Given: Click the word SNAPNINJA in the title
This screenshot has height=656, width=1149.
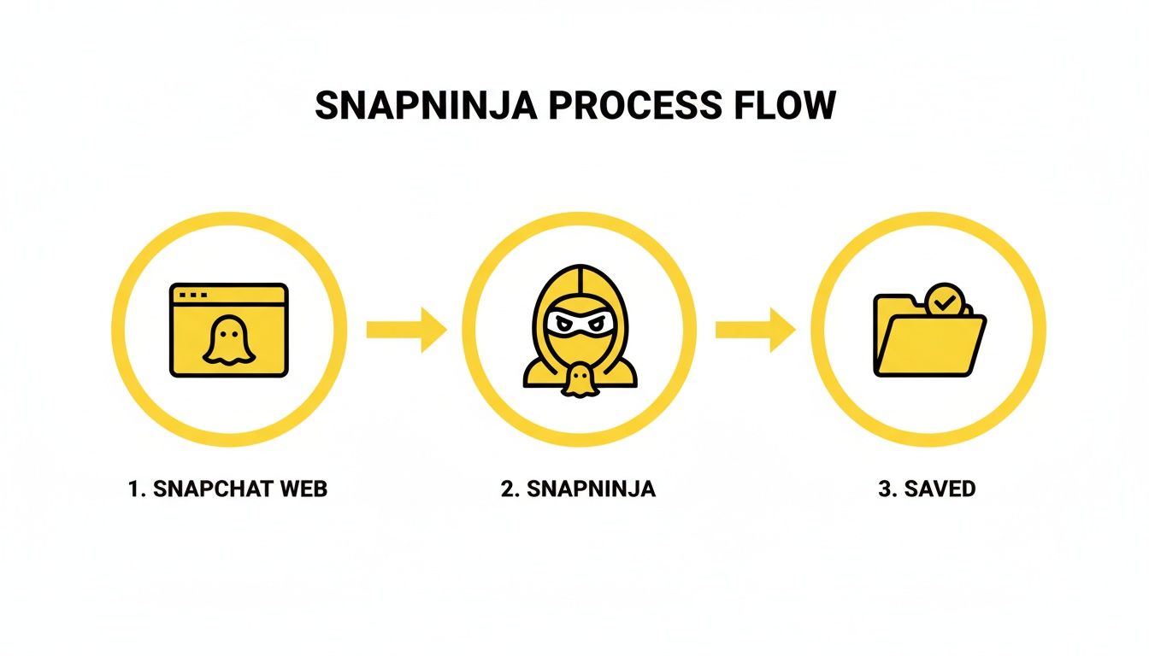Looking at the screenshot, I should [424, 105].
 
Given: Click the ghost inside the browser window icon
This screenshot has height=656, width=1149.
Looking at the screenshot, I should [228, 341].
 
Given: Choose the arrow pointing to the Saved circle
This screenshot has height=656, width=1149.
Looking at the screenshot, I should [755, 330].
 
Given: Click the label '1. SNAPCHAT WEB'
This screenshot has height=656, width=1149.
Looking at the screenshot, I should [227, 489].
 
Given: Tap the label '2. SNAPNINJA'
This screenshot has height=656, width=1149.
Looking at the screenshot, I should [578, 489].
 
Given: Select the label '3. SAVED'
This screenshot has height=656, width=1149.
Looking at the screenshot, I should [926, 489].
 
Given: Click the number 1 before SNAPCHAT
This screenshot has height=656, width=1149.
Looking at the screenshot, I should [133, 489].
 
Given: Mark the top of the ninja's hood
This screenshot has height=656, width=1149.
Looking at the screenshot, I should [578, 272].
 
